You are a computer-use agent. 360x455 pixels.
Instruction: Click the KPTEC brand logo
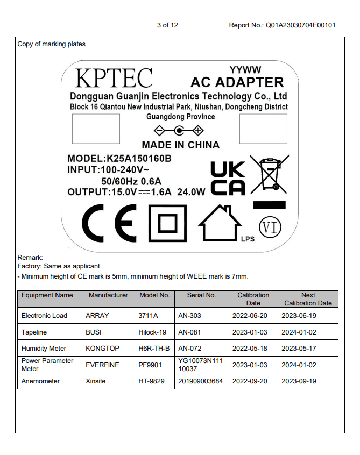[114, 78]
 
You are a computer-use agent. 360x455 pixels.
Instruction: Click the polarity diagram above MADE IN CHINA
[179, 131]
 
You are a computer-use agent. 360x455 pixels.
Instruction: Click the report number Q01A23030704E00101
[300, 25]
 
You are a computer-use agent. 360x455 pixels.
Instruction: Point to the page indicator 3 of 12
[167, 25]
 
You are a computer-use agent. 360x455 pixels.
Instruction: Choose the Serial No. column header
[201, 295]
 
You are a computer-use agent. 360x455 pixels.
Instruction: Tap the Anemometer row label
[40, 381]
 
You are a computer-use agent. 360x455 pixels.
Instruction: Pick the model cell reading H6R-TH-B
[154, 349]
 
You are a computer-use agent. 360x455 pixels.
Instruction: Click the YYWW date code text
[245, 70]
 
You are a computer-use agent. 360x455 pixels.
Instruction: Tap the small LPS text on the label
[248, 239]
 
